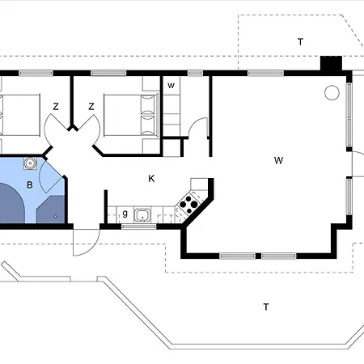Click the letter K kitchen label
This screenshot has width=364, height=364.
point(151,179)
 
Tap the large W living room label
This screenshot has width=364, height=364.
point(278,160)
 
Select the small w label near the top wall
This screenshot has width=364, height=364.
point(171,86)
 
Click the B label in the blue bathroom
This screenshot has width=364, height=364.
point(30,185)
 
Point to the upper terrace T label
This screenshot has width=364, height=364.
point(300,42)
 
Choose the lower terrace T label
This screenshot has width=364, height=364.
point(266,307)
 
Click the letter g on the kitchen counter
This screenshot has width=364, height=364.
point(125,214)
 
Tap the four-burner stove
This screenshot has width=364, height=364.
point(188,205)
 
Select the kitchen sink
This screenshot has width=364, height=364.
point(142,215)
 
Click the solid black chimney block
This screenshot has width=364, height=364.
point(331,64)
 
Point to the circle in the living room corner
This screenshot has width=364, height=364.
point(332,93)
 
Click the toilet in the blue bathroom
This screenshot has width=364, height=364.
point(30,163)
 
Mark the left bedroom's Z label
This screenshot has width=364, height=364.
point(56,107)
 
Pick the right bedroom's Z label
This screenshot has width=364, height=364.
point(91,107)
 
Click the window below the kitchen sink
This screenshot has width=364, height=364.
point(139,226)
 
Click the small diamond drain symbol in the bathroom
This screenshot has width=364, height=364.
point(56,216)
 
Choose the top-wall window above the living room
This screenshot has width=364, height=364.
point(265,73)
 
